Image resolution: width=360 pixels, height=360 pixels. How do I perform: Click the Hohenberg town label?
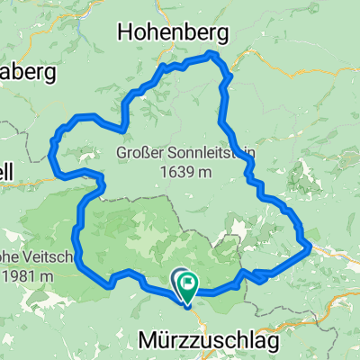pos(172,33)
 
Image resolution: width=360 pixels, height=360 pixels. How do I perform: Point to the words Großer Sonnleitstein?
pos(185,154)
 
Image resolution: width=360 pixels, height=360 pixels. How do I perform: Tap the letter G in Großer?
pos(121,154)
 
